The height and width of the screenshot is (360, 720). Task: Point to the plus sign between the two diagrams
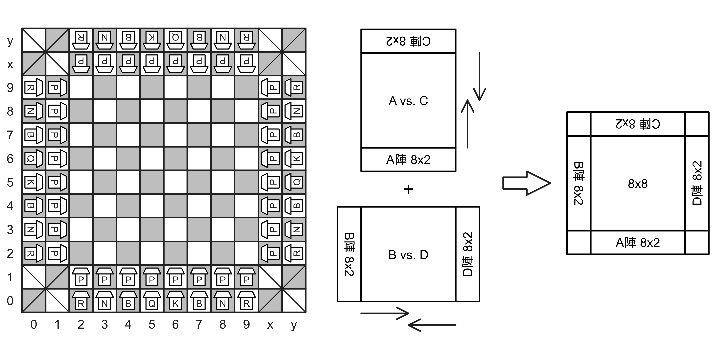coord(408,189)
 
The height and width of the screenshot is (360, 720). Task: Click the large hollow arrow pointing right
coord(525,183)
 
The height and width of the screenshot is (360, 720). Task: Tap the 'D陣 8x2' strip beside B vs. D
coord(466,253)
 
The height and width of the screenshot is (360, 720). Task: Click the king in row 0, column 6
coord(175,300)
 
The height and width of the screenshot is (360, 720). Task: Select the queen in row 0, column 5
coord(151,300)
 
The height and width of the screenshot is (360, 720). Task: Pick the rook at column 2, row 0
coord(81,300)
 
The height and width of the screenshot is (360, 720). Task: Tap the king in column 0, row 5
coord(33,182)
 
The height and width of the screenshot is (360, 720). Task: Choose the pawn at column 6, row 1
coord(175,277)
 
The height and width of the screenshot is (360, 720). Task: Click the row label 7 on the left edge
coord(10,135)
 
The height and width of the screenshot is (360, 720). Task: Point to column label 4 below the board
coord(128,324)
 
